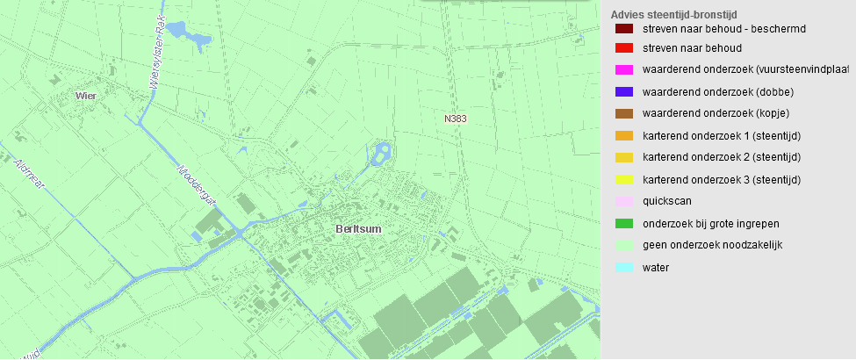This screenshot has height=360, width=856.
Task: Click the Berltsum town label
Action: click(360, 228)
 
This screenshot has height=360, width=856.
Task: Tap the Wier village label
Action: click(85, 95)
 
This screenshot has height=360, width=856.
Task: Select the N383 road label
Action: click(456, 117)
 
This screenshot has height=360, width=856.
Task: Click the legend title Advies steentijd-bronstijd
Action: click(673, 15)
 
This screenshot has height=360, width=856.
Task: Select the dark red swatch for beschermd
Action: click(624, 29)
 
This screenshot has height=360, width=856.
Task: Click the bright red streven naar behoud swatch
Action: click(624, 49)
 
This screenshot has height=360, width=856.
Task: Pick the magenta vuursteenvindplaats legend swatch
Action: click(624, 70)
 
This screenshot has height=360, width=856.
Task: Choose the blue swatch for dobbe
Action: click(624, 91)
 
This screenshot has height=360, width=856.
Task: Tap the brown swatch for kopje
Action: click(624, 113)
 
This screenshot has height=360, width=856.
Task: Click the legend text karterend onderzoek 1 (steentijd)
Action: click(722, 135)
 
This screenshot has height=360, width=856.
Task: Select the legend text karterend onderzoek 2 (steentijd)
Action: click(722, 157)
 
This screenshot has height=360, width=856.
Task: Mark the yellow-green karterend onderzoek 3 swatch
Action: click(624, 179)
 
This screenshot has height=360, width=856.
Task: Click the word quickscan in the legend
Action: click(667, 201)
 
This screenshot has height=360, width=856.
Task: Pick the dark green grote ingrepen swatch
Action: click(624, 223)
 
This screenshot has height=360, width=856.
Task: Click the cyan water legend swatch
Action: click(624, 267)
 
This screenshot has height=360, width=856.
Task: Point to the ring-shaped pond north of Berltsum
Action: click(381, 155)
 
